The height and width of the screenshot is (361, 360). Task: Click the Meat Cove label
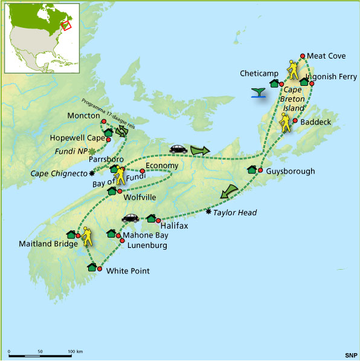point(326,56)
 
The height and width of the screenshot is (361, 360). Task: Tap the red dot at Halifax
point(158,220)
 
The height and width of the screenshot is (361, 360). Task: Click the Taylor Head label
point(236,212)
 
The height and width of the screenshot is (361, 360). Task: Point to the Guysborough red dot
point(260,171)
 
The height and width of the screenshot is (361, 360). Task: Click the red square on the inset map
point(66,25)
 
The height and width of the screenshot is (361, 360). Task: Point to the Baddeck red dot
point(294,121)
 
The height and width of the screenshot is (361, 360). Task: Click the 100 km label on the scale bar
point(75,351)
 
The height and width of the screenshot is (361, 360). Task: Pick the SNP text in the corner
point(350,353)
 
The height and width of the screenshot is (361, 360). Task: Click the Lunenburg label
point(147,246)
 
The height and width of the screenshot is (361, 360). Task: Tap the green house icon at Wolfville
point(112,191)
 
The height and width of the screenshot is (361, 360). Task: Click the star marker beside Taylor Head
point(209,212)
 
